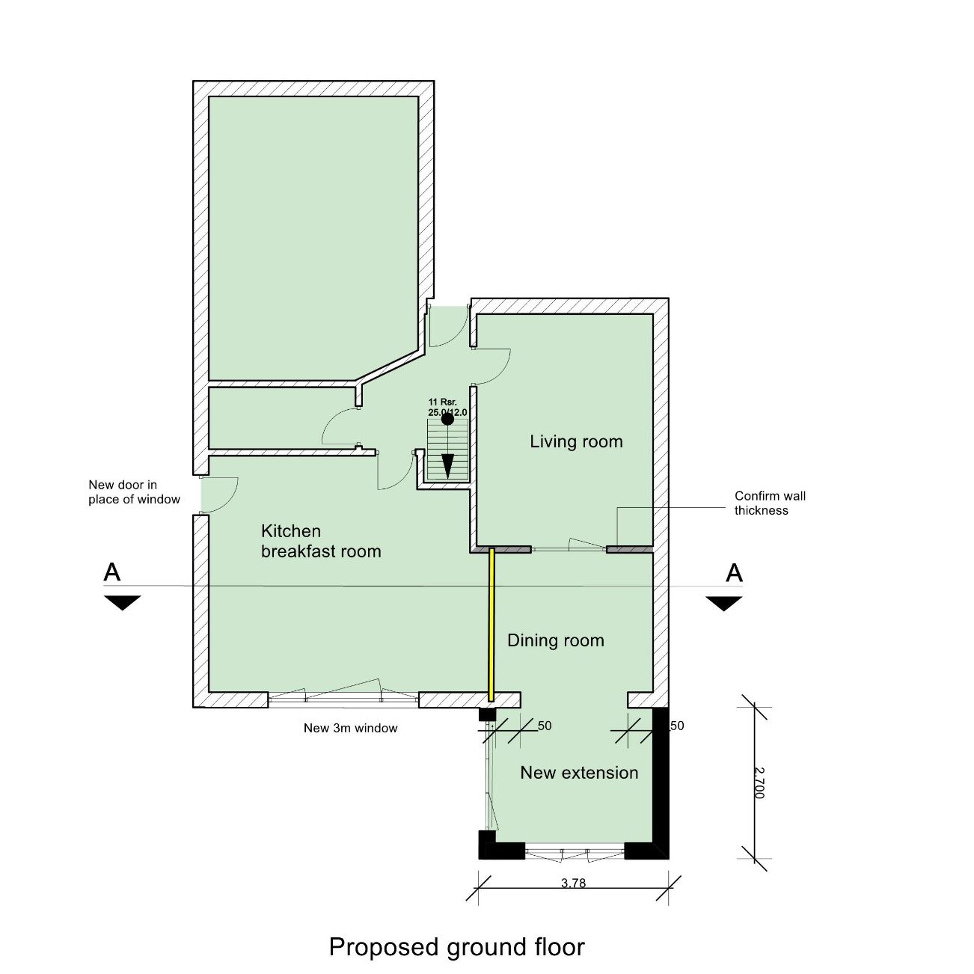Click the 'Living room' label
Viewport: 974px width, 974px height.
tap(576, 442)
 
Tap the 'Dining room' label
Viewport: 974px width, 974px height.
tap(556, 640)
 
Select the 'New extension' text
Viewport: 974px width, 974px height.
tap(579, 772)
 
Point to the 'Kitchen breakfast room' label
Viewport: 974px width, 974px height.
tap(321, 541)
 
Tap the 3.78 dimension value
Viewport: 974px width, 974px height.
tap(573, 883)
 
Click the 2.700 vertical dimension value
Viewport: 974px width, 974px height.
tap(759, 783)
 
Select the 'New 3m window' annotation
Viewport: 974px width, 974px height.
tap(350, 728)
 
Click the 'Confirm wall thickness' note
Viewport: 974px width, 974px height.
tap(770, 503)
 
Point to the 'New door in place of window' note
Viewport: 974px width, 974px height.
tap(134, 491)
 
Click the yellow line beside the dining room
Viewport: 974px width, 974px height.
tap(491, 625)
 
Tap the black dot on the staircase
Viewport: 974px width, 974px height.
tap(447, 418)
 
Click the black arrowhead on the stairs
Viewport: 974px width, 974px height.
tap(447, 465)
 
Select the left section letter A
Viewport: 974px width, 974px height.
tap(112, 572)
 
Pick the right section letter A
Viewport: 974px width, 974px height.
tap(734, 573)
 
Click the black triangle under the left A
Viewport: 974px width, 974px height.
tap(123, 602)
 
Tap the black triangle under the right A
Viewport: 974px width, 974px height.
tap(724, 603)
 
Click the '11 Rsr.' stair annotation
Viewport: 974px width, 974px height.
tap(443, 402)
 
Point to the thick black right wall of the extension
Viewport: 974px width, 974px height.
tap(661, 783)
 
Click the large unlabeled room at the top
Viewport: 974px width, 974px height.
tap(313, 238)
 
